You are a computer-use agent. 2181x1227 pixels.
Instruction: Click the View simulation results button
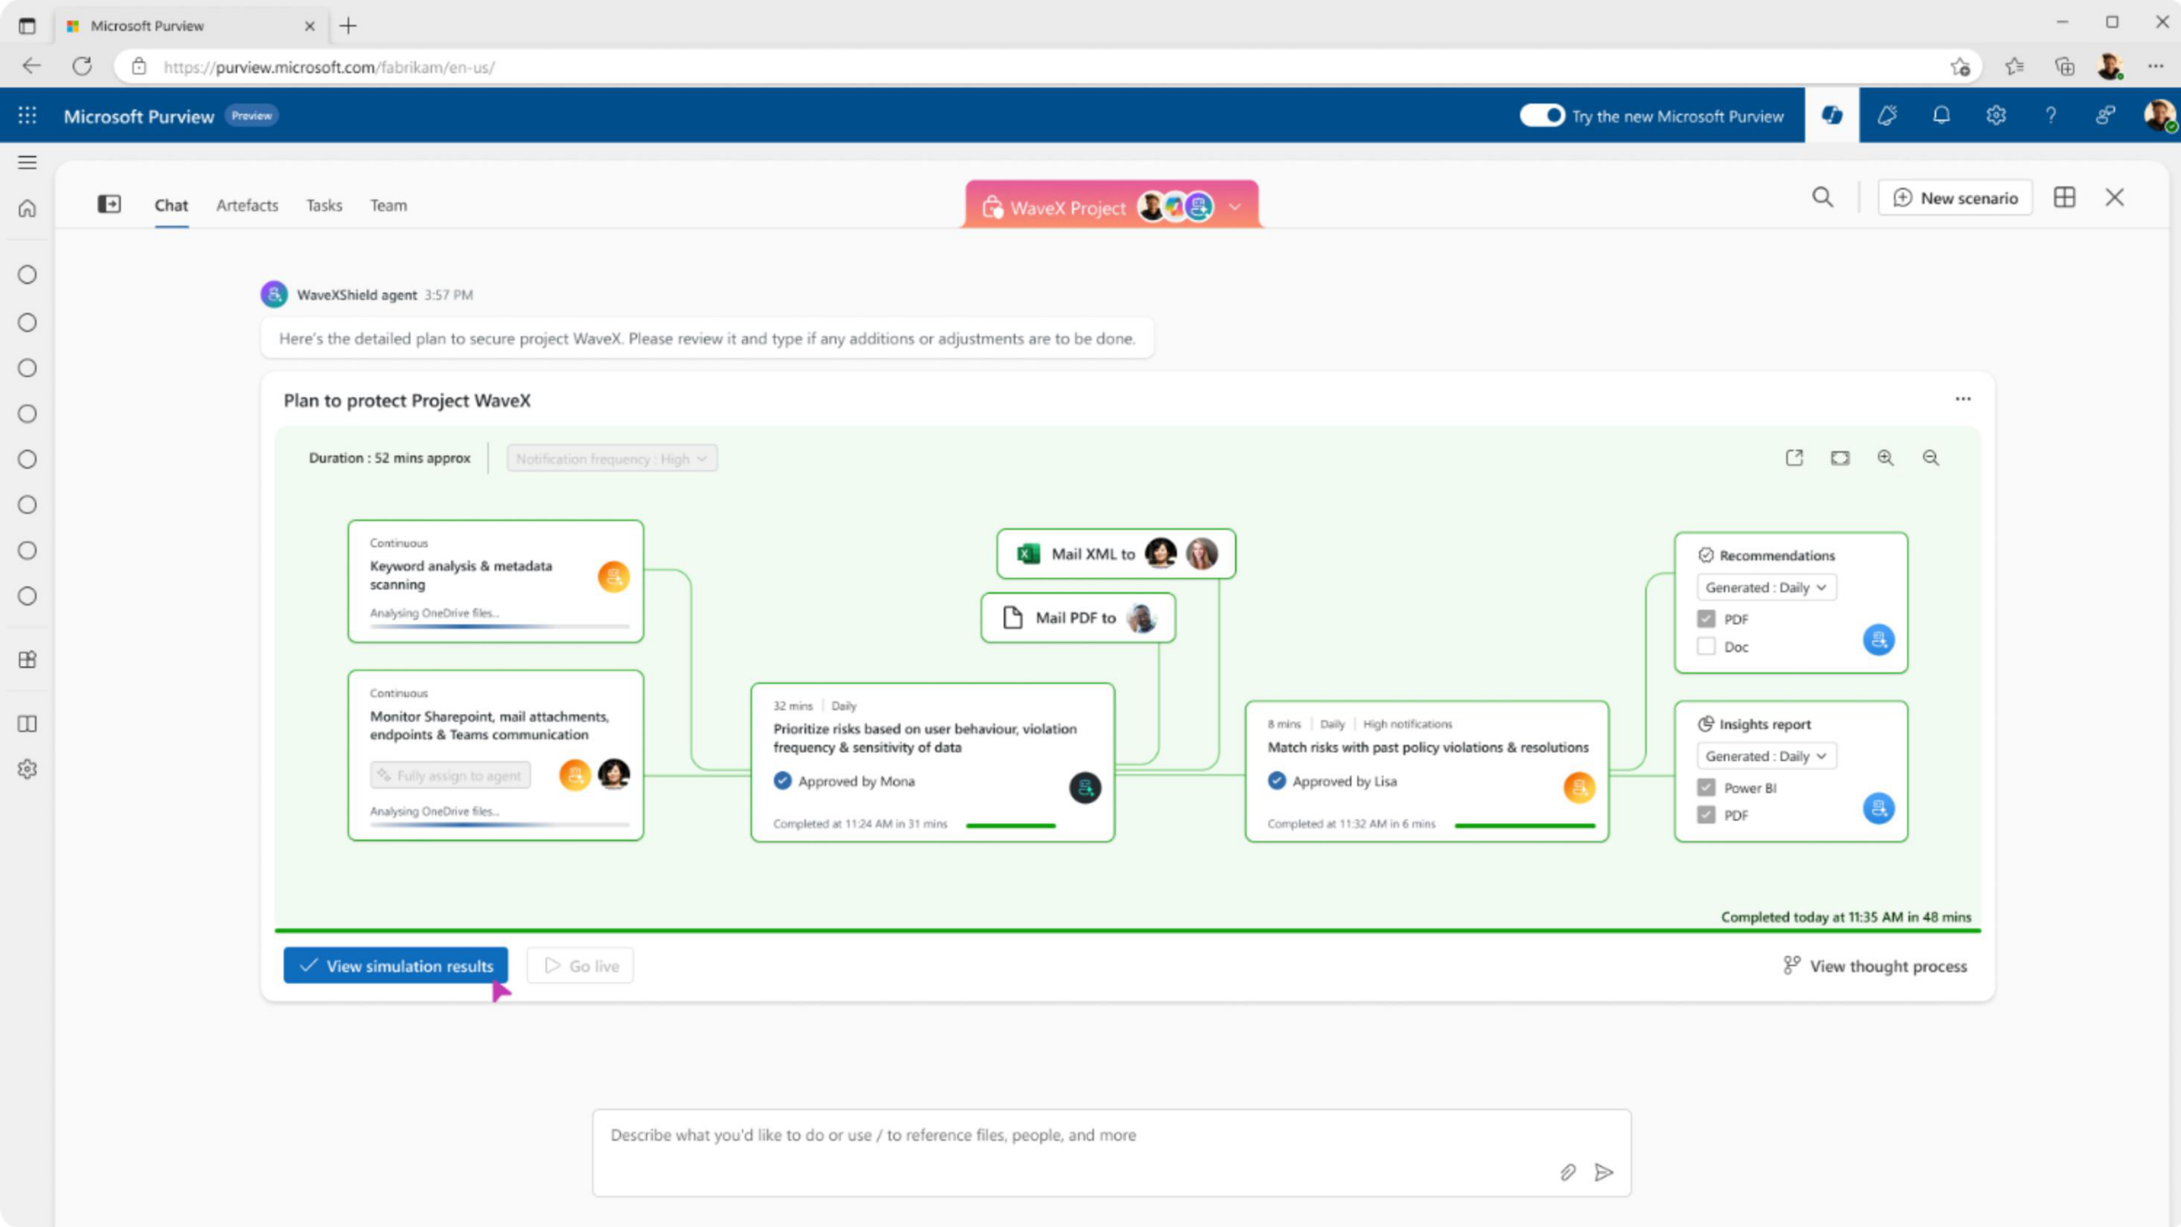pos(395,965)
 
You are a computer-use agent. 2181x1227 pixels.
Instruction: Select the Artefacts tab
pos(247,205)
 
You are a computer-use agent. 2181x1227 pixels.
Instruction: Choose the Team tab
pos(388,205)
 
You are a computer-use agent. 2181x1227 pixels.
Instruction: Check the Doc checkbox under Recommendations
pos(1706,646)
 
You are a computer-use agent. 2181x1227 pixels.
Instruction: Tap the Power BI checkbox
pos(1706,787)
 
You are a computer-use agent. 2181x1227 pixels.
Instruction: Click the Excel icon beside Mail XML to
pos(1029,554)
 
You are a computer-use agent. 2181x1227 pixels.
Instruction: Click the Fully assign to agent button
pos(450,775)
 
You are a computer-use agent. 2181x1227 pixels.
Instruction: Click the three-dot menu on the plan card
pos(1962,399)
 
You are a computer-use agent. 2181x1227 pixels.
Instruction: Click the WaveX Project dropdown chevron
pos(1235,207)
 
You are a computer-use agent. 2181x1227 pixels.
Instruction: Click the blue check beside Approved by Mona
pos(782,781)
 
